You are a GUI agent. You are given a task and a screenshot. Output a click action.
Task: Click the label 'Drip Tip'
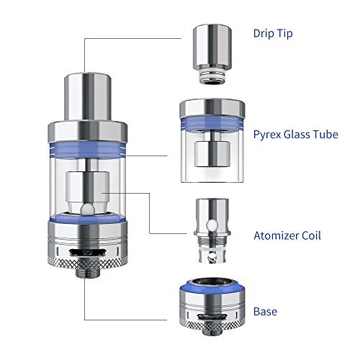point(273,34)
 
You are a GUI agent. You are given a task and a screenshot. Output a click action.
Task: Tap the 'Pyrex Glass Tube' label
point(296,135)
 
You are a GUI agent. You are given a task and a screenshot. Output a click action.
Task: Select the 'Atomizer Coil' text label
point(287,235)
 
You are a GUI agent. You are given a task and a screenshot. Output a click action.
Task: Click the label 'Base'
point(265,312)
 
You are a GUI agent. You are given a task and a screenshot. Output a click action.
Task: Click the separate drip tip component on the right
point(212,54)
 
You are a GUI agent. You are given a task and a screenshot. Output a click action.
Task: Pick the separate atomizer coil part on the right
point(212,231)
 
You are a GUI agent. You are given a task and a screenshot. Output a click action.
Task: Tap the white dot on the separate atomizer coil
point(213,225)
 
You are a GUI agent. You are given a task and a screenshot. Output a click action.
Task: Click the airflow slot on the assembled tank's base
point(88,253)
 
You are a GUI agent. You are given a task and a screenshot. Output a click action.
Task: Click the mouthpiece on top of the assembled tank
point(88,96)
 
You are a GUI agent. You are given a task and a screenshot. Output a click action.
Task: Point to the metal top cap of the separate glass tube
point(212,107)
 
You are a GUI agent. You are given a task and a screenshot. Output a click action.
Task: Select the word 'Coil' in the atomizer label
point(311,235)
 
